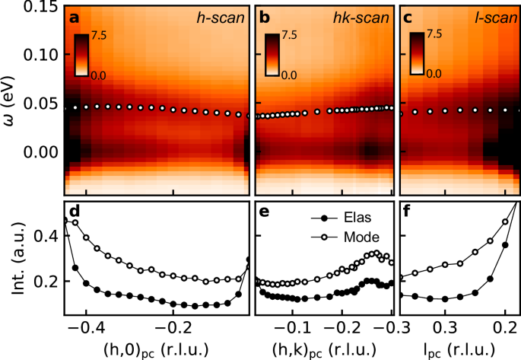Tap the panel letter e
pyautogui.click(x=265, y=212)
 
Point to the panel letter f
pyautogui.click(x=409, y=212)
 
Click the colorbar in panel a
pyautogui.click(x=82, y=54)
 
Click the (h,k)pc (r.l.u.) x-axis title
pyautogui.click(x=323, y=349)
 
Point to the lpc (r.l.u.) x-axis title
pyautogui.click(x=459, y=349)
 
